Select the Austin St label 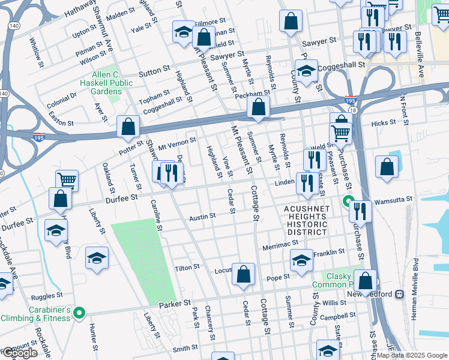202,217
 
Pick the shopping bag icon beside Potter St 128,126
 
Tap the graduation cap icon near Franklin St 302,259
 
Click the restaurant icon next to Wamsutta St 360,211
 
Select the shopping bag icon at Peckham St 258,108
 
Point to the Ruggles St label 47,296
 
